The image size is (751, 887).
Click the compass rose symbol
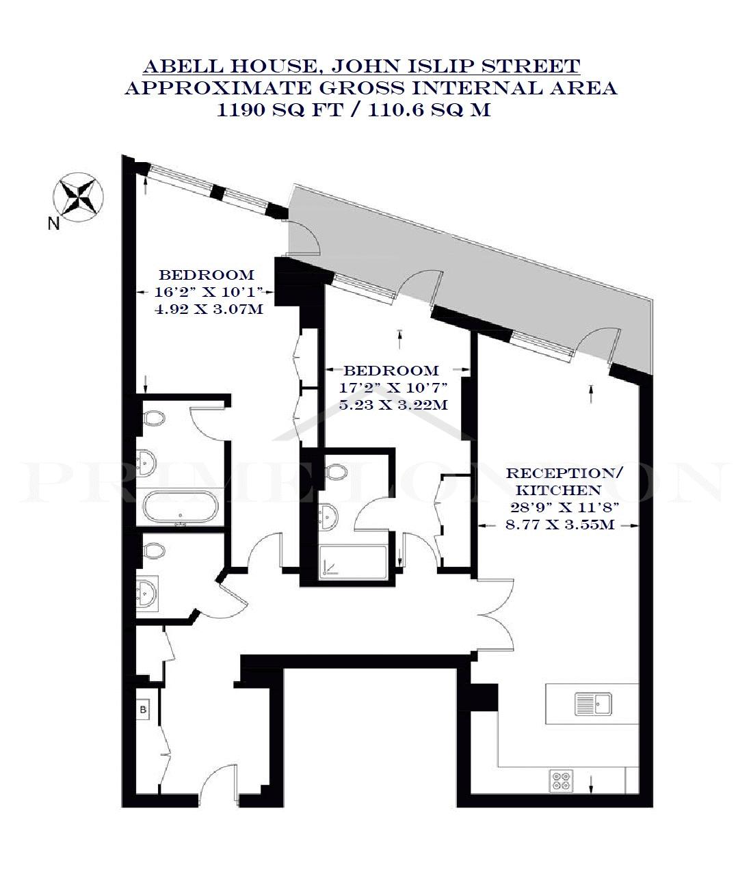pyautogui.click(x=78, y=197)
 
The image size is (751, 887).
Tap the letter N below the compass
pyautogui.click(x=53, y=224)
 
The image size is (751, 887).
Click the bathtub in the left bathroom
pyautogui.click(x=181, y=507)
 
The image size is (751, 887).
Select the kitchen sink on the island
pyautogui.click(x=593, y=704)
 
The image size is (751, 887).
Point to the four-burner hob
pyautogui.click(x=562, y=780)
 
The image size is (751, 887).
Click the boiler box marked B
pyautogui.click(x=144, y=709)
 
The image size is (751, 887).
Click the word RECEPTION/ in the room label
pyautogui.click(x=564, y=474)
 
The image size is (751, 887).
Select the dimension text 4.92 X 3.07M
pyautogui.click(x=209, y=309)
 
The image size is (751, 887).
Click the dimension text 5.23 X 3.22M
pyautogui.click(x=393, y=405)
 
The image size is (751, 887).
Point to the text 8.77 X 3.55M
pyautogui.click(x=560, y=525)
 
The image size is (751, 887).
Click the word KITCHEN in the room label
pyautogui.click(x=558, y=490)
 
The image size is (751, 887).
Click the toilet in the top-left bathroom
pyautogui.click(x=155, y=419)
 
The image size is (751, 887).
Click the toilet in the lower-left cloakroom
pyautogui.click(x=155, y=551)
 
